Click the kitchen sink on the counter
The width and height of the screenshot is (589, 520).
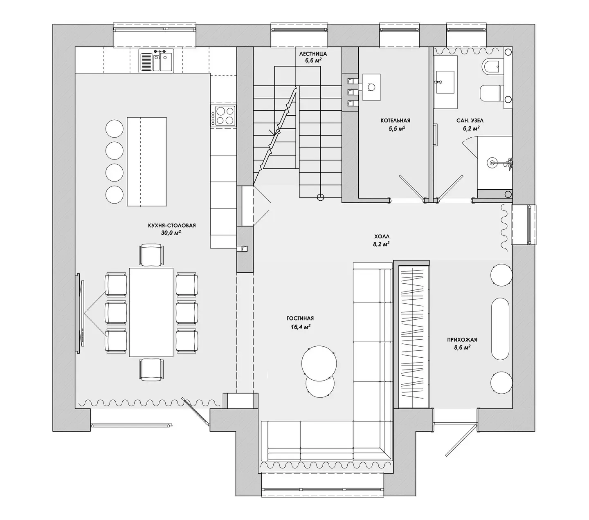coord(156,61)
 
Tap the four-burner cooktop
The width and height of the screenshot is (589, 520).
coord(223,116)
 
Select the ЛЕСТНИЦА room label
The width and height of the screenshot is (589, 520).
coord(313,54)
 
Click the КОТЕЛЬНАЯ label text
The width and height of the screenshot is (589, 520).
coord(395,120)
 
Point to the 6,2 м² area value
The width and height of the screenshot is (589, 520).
coord(471,128)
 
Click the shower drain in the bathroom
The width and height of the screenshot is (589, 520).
coord(492,162)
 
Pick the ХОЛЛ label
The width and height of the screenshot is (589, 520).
coord(382,236)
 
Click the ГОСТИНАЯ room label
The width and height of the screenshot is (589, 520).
coord(300,318)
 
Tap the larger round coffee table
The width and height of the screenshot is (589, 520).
coord(319,363)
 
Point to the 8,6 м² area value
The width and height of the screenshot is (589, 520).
coord(462,347)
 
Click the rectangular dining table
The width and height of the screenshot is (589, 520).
coord(151,312)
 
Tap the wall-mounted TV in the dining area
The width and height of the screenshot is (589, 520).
coord(80,313)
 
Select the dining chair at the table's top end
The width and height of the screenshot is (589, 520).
coord(151,255)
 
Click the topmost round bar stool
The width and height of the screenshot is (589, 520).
coord(115,128)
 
